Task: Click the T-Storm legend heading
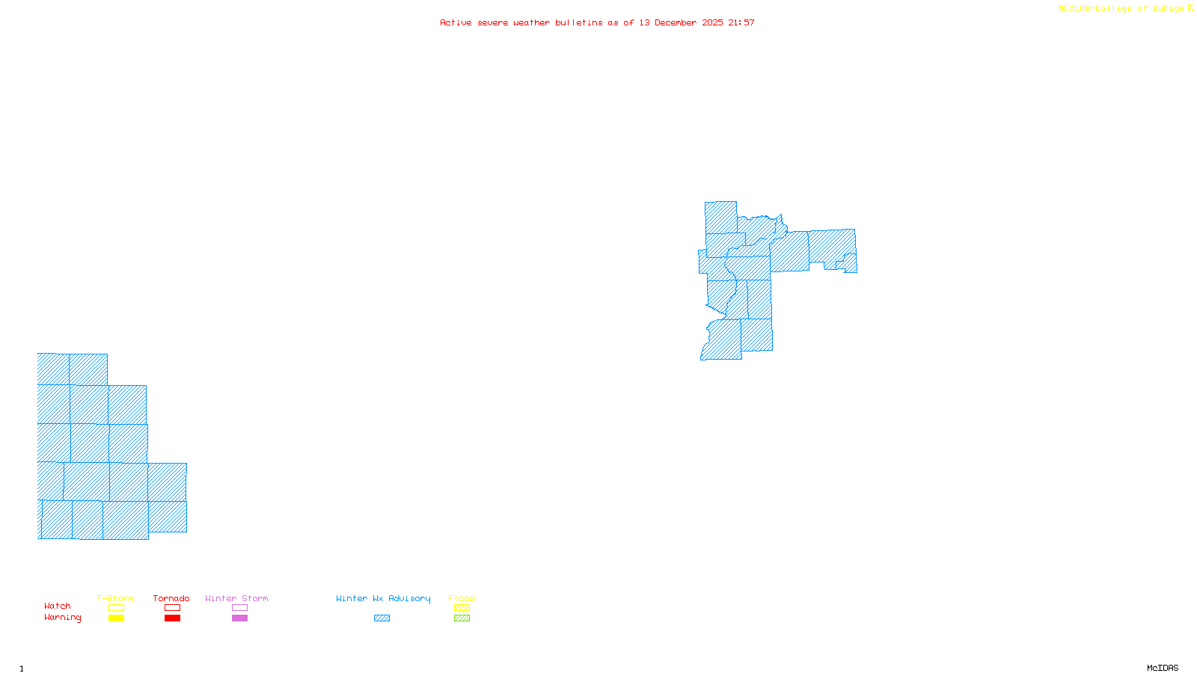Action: [115, 598]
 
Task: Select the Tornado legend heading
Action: [171, 598]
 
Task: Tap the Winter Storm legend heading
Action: [236, 598]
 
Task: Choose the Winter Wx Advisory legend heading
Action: [383, 598]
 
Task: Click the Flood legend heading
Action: [462, 598]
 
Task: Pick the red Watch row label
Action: [58, 606]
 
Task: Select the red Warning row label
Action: [63, 618]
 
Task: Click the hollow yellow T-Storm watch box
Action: [116, 608]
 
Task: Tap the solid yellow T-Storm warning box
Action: [116, 618]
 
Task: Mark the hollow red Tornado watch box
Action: [172, 608]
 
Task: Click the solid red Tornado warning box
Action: [172, 618]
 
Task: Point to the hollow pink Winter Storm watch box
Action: [239, 608]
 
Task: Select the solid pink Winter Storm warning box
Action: [239, 618]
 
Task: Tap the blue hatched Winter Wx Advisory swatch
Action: [382, 618]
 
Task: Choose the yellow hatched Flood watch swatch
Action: [462, 608]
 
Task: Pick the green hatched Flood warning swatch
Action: [462, 618]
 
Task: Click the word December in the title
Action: [676, 22]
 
